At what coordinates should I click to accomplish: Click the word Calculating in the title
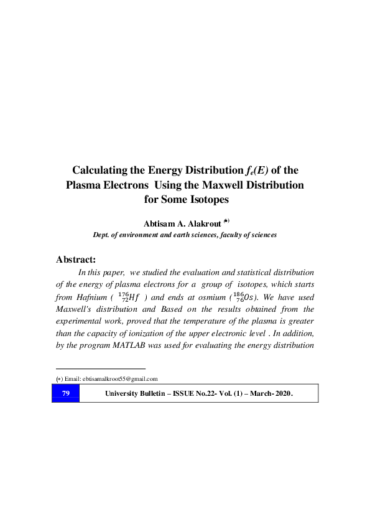[103, 170]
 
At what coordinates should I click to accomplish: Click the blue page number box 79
[65, 393]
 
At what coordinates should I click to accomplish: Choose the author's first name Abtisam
[161, 223]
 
